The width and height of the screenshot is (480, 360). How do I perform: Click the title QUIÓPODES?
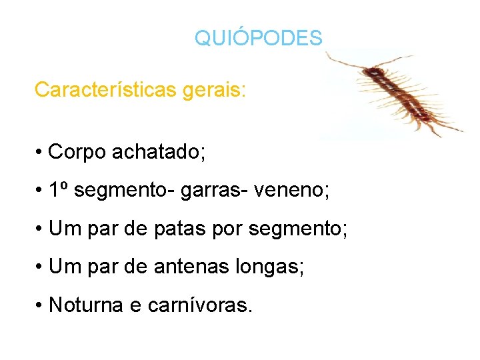258,38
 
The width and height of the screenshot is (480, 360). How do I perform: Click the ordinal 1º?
59,191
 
